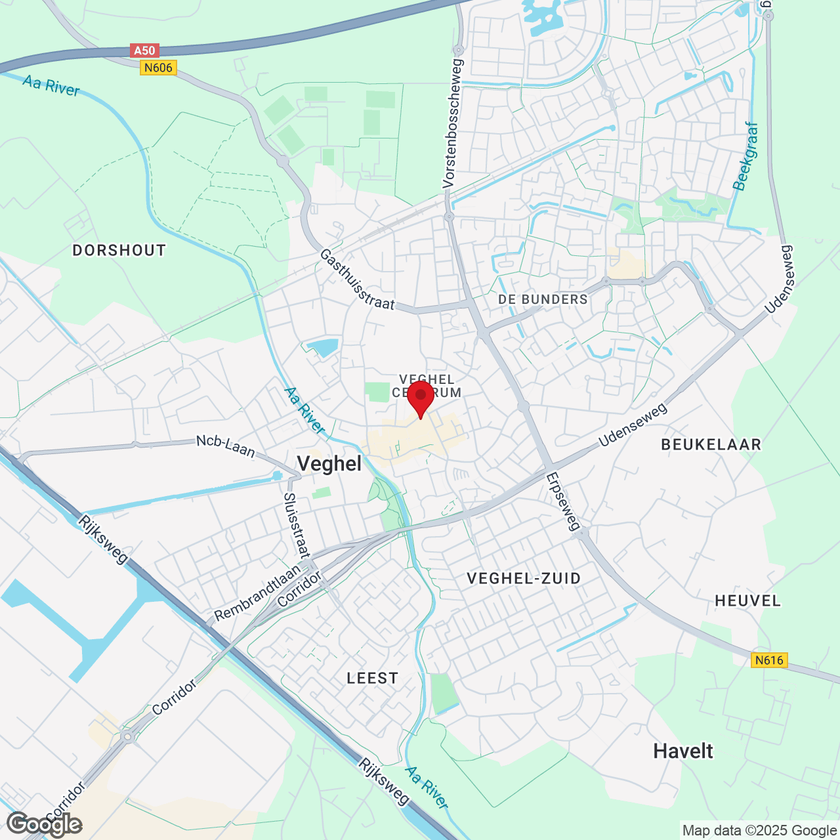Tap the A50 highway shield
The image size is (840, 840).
[x=144, y=51]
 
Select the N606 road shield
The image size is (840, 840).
[x=158, y=68]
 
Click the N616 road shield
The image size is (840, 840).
[x=769, y=660]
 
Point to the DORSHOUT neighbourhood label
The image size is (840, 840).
[x=119, y=250]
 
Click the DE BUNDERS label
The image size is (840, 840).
[x=543, y=299]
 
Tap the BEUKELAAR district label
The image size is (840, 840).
[x=711, y=444]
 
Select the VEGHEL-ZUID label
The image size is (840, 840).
[x=524, y=578]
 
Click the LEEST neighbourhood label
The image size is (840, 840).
[x=372, y=678]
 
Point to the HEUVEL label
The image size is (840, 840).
[x=747, y=600]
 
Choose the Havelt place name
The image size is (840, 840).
[x=682, y=751]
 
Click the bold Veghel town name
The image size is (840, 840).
[x=329, y=464]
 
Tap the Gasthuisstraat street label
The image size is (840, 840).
[x=357, y=280]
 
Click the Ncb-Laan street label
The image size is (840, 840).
[x=225, y=446]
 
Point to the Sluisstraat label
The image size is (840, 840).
[x=296, y=526]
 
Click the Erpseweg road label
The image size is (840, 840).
[x=563, y=501]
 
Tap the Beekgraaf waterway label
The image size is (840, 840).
[x=746, y=156]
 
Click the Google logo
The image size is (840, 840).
[x=45, y=824]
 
